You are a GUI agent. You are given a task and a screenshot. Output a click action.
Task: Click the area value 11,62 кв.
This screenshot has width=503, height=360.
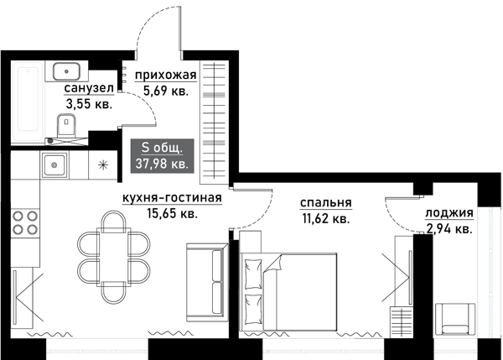[324, 218]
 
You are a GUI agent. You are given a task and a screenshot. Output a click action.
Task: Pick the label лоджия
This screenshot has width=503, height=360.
[449, 212]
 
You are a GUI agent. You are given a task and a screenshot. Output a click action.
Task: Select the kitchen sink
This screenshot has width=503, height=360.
[55, 164]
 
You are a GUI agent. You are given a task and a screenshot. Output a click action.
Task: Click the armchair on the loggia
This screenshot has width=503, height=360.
[456, 318]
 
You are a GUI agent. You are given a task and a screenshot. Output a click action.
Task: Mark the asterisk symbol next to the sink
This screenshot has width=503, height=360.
[103, 164]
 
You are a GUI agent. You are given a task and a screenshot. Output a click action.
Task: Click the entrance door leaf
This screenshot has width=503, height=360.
[179, 29]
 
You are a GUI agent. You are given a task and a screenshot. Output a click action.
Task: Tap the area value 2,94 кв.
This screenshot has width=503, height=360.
[449, 227]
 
